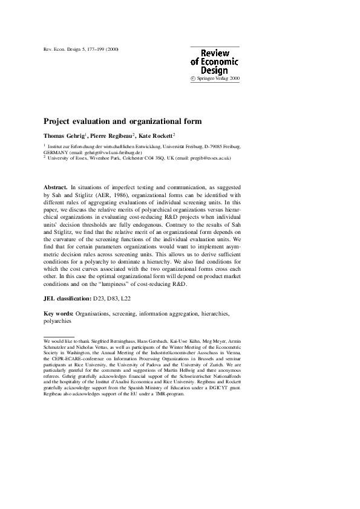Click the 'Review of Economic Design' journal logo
click(x=214, y=62)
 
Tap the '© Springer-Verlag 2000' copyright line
click(x=215, y=79)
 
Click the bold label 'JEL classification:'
click(x=67, y=299)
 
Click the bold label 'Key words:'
click(x=59, y=314)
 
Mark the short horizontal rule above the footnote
click(x=59, y=336)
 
